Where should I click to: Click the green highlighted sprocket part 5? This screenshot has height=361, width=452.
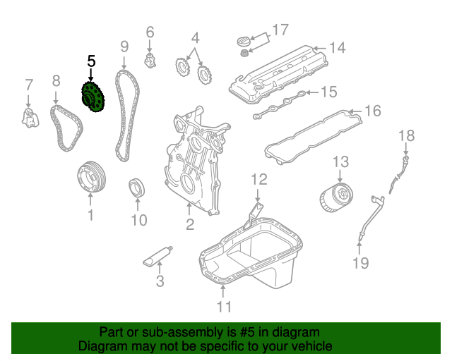91,97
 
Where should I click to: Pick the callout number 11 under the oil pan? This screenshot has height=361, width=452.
224,306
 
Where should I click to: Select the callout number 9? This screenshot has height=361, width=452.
124,47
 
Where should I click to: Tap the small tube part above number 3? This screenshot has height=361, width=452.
159,255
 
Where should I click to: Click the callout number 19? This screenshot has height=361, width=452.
360,264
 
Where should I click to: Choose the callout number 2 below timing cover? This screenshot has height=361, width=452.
190,225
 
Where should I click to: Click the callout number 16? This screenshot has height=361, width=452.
372,111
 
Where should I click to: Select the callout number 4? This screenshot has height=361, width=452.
195,37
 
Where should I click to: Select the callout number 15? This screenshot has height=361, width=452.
329,92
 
